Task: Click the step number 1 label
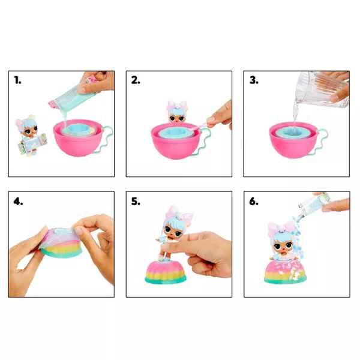pos(17,80)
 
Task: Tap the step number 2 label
pos(136,80)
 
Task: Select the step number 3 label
pos(254,80)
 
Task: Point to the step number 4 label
pos(18,202)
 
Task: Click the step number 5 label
pos(136,202)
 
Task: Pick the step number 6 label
pos(254,202)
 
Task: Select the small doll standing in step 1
pos(30,135)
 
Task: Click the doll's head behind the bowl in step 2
pos(177,113)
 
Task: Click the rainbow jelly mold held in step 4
pos(61,242)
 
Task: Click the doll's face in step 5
pos(173,232)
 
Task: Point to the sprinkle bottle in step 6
pos(314,203)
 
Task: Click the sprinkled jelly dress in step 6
pos(286,272)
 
